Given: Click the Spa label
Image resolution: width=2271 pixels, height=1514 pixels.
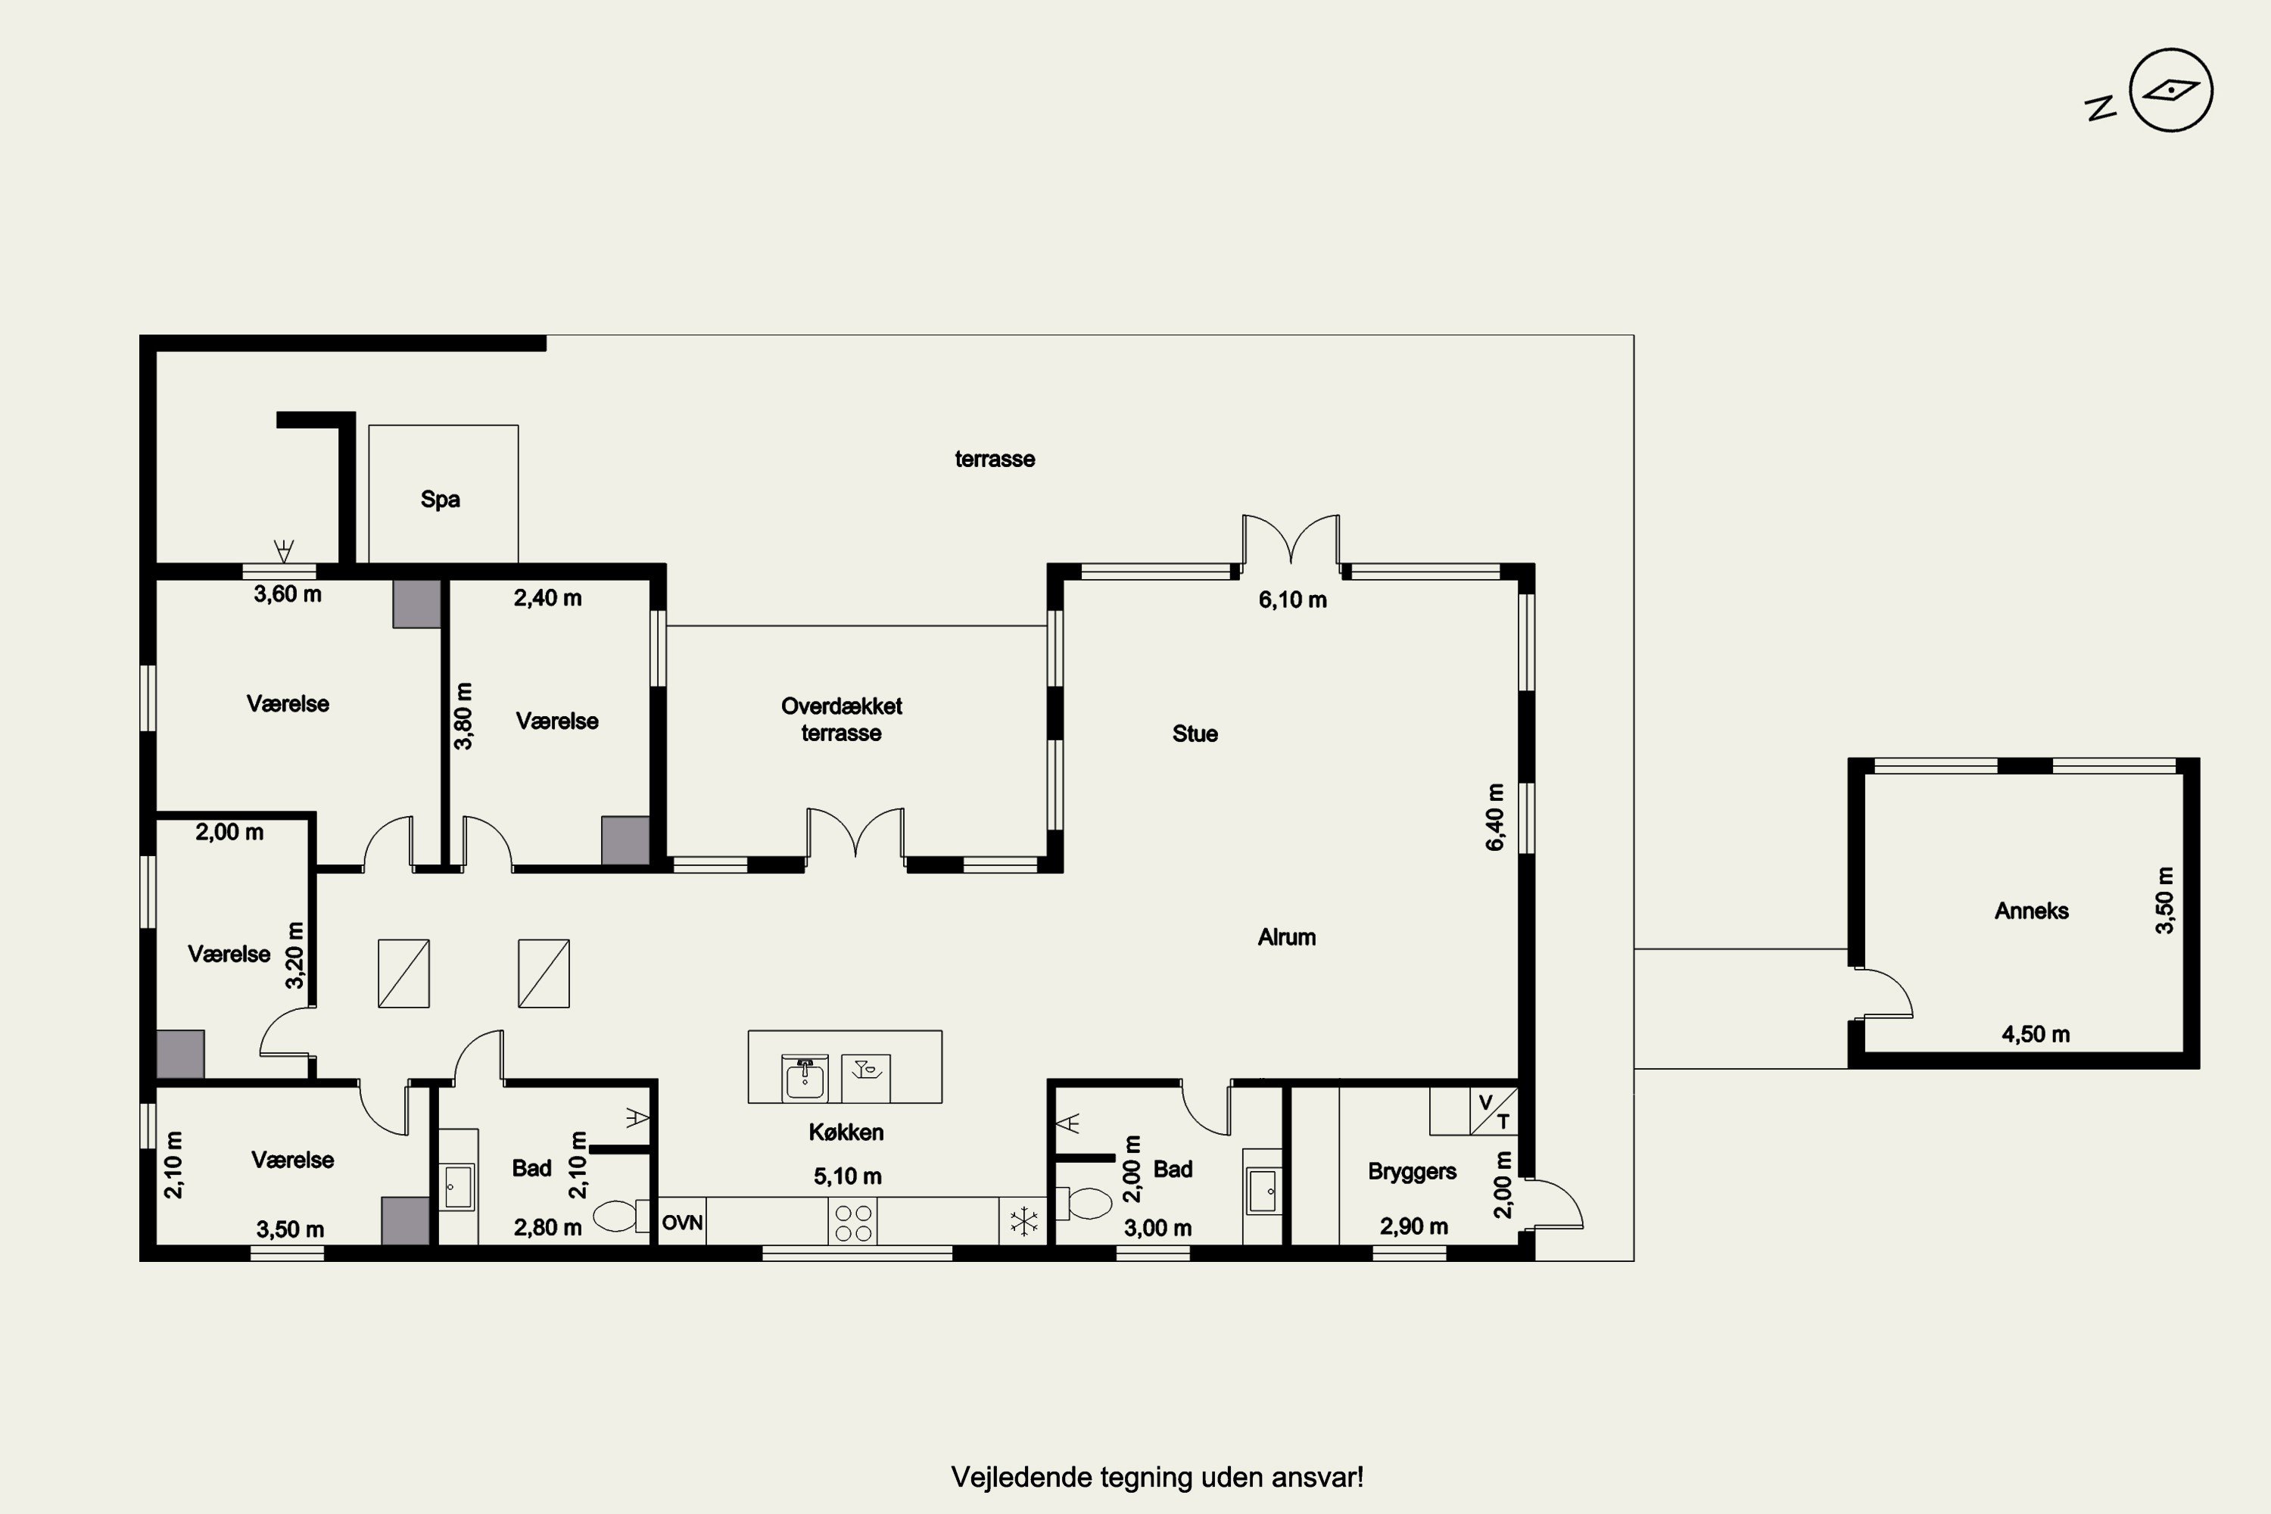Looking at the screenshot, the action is pyautogui.click(x=441, y=499).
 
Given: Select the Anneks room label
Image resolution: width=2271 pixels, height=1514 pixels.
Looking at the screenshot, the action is pyautogui.click(x=2032, y=911).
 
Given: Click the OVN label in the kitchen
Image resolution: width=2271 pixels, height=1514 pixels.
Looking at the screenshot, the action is pyautogui.click(x=682, y=1223).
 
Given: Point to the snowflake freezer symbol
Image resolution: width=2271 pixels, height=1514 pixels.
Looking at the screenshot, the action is pyautogui.click(x=1023, y=1222).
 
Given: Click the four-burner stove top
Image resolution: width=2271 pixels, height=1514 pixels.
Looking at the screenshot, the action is pyautogui.click(x=852, y=1223).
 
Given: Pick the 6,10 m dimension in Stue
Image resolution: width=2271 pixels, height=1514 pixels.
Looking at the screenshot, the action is pyautogui.click(x=1292, y=600).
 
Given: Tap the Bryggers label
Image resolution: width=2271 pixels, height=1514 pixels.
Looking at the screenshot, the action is pyautogui.click(x=1412, y=1171).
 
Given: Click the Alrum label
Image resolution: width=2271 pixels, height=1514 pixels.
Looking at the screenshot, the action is pyautogui.click(x=1286, y=936).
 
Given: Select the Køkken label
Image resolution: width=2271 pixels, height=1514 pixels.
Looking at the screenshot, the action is pyautogui.click(x=846, y=1132).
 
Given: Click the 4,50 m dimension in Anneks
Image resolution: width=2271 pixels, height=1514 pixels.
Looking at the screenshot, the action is pyautogui.click(x=2036, y=1034).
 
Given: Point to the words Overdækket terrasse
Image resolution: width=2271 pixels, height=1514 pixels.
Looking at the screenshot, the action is pyautogui.click(x=841, y=719).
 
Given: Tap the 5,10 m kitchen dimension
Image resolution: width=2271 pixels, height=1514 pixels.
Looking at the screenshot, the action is pyautogui.click(x=847, y=1176).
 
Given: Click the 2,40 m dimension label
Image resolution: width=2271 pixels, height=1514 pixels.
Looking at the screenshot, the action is pyautogui.click(x=547, y=598).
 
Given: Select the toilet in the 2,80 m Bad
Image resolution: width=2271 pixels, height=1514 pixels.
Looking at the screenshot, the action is pyautogui.click(x=620, y=1216).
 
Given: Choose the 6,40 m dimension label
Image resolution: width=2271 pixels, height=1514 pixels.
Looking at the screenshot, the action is pyautogui.click(x=1494, y=817).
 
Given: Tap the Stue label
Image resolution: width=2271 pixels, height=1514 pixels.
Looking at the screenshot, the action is pyautogui.click(x=1195, y=734).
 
